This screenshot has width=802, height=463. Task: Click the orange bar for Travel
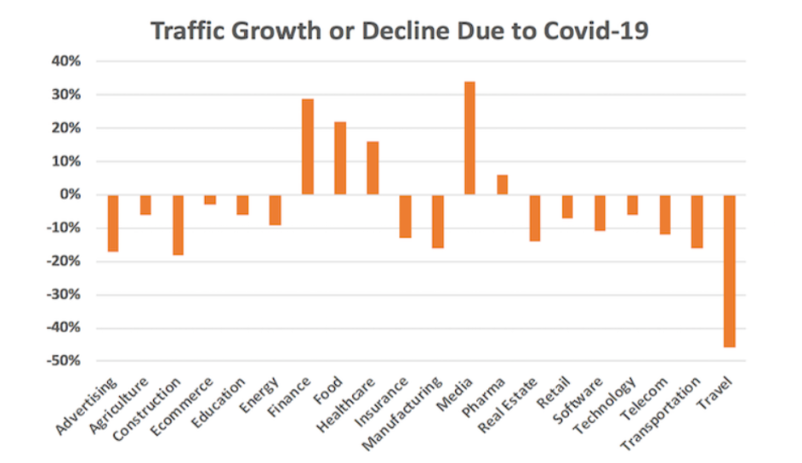pos(729,270)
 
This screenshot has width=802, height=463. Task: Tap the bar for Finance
pos(308,147)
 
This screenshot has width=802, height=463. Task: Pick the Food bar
pos(340,158)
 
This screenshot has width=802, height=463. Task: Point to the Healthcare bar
pos(373,168)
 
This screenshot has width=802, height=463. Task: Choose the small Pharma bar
pos(502,184)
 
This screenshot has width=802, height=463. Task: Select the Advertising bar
pos(113,223)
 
